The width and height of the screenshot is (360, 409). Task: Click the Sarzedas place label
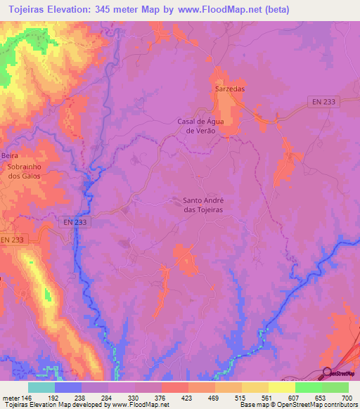pos(229,90)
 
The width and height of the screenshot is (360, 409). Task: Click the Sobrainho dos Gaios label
pos(25,171)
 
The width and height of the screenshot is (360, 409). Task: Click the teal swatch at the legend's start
pos(41,387)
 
